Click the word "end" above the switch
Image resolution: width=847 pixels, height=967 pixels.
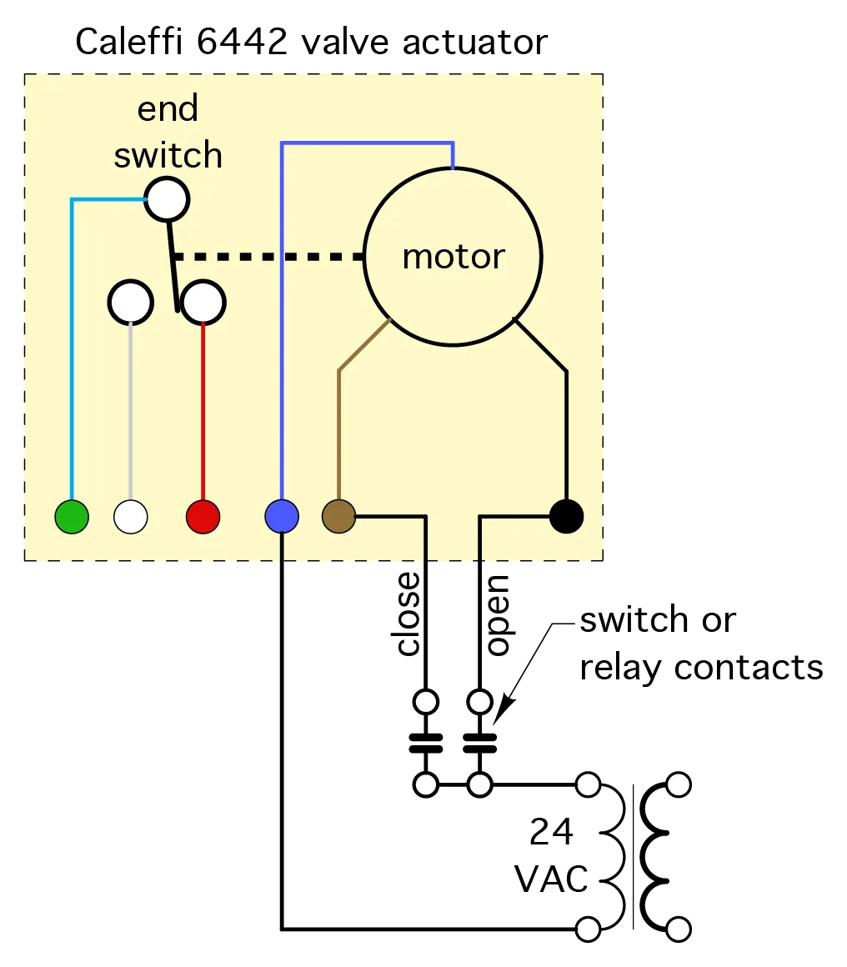coord(168,109)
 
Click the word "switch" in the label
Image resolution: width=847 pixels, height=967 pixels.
coord(168,155)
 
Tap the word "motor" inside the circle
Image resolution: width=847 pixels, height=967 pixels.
coord(453,256)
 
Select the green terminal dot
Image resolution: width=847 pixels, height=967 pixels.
coord(72,517)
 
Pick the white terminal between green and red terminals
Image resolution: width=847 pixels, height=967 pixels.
coord(131,517)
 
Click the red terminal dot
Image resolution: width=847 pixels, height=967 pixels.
coord(203,517)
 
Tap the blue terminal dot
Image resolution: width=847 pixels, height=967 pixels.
coord(282,517)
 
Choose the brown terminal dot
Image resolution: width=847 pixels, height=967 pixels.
coord(338,517)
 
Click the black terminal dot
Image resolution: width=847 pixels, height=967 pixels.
coord(566,516)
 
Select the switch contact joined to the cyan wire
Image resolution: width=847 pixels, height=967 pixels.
coord(167,199)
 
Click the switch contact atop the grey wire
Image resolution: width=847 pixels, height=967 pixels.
coord(131,302)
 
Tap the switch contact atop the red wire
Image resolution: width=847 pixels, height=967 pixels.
coord(203,302)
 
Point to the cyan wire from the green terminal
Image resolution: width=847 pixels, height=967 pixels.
coord(72,350)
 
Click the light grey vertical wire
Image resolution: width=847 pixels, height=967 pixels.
coord(131,408)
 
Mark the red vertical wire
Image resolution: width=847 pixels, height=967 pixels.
coord(203,408)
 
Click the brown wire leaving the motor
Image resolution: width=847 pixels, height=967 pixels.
coord(338,433)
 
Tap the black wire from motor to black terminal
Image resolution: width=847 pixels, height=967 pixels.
coord(566,433)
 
